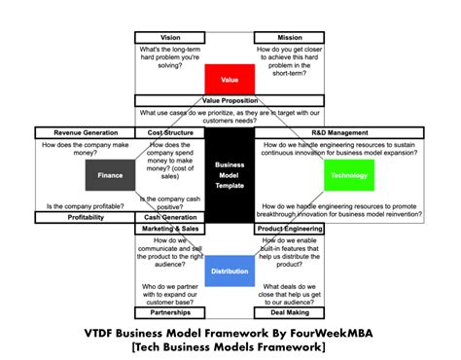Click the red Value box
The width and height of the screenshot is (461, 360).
(230, 79)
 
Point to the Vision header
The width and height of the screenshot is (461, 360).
(169, 36)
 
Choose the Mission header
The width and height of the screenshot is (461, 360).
(290, 36)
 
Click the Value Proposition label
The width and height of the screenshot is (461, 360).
(230, 99)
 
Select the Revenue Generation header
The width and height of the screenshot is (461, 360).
(82, 132)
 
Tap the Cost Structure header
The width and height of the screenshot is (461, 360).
(168, 132)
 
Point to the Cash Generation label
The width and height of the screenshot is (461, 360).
(170, 217)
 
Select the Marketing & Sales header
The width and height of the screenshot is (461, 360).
(169, 228)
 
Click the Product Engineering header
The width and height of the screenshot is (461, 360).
(291, 228)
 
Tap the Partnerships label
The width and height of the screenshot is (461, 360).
(169, 312)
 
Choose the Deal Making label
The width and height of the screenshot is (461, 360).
(290, 312)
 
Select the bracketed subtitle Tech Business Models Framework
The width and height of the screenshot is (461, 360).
(230, 347)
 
